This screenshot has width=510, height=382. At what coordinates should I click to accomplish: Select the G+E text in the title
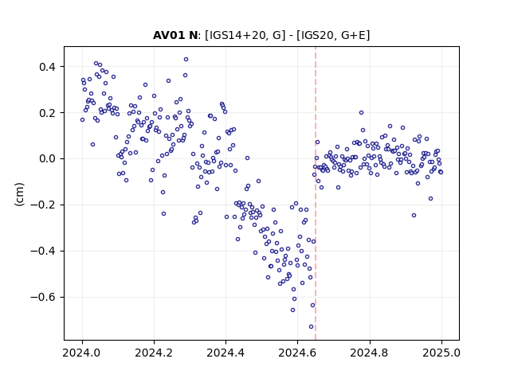(x=353, y=35)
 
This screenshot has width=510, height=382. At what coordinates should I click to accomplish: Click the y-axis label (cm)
(x=19, y=193)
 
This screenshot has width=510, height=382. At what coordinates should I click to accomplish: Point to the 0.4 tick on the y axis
(x=48, y=67)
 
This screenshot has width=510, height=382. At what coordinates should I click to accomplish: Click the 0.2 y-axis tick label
(x=48, y=113)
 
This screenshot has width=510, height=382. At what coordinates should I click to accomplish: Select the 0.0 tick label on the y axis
(x=48, y=159)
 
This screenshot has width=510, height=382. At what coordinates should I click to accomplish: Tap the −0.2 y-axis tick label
(x=43, y=205)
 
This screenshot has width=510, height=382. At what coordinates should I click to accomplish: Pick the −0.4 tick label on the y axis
(x=43, y=251)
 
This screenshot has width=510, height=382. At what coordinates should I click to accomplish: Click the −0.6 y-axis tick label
(x=43, y=297)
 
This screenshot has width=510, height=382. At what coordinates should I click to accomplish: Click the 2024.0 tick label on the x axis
(x=82, y=353)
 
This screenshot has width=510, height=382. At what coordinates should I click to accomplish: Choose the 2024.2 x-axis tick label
(x=154, y=353)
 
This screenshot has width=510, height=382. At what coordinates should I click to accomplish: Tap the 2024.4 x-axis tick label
(x=226, y=353)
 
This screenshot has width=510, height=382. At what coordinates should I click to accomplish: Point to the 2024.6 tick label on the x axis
(x=297, y=353)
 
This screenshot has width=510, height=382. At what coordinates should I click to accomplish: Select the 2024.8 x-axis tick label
(x=370, y=353)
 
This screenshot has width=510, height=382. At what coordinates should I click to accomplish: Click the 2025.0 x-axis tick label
(x=441, y=353)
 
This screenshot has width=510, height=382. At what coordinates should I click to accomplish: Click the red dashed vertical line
(x=316, y=193)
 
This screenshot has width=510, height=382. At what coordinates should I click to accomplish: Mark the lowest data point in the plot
(x=312, y=327)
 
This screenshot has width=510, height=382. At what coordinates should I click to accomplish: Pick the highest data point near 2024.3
(x=186, y=60)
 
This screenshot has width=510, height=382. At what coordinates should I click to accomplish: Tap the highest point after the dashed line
(x=361, y=113)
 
